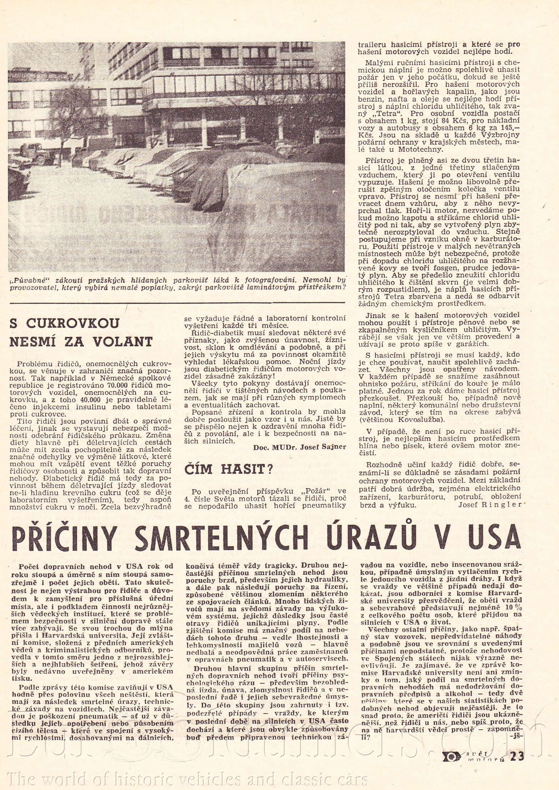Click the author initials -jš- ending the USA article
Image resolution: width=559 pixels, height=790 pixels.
[516, 736]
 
